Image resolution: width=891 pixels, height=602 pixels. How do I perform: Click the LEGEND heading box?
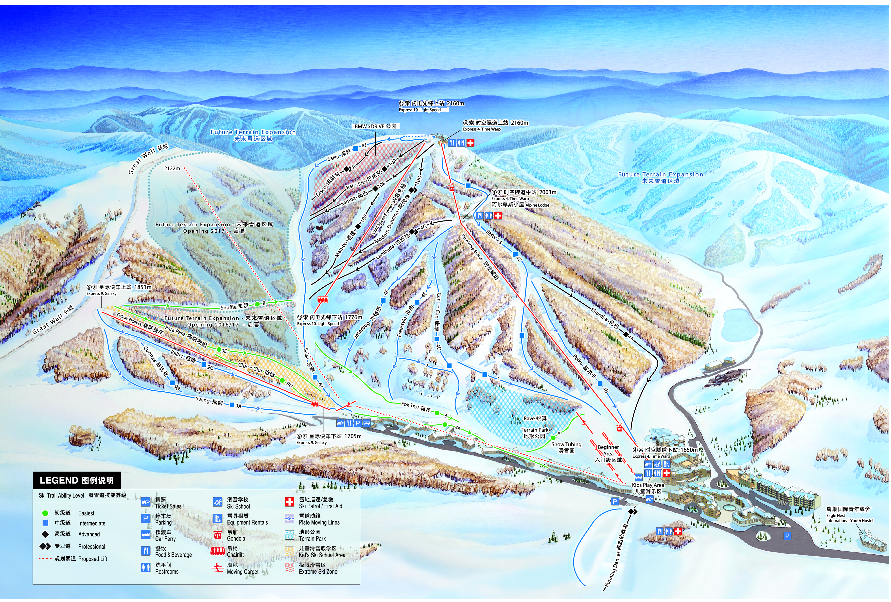[x=77, y=480]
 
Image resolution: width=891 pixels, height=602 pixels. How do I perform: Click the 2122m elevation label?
[x=172, y=168]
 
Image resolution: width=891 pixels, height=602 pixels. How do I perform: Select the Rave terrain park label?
[x=535, y=418]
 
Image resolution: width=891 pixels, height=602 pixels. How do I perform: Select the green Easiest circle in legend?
[x=45, y=513]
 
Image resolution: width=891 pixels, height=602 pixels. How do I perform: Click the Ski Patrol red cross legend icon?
[x=289, y=502]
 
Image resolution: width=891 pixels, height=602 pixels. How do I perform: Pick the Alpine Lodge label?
[x=537, y=205]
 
